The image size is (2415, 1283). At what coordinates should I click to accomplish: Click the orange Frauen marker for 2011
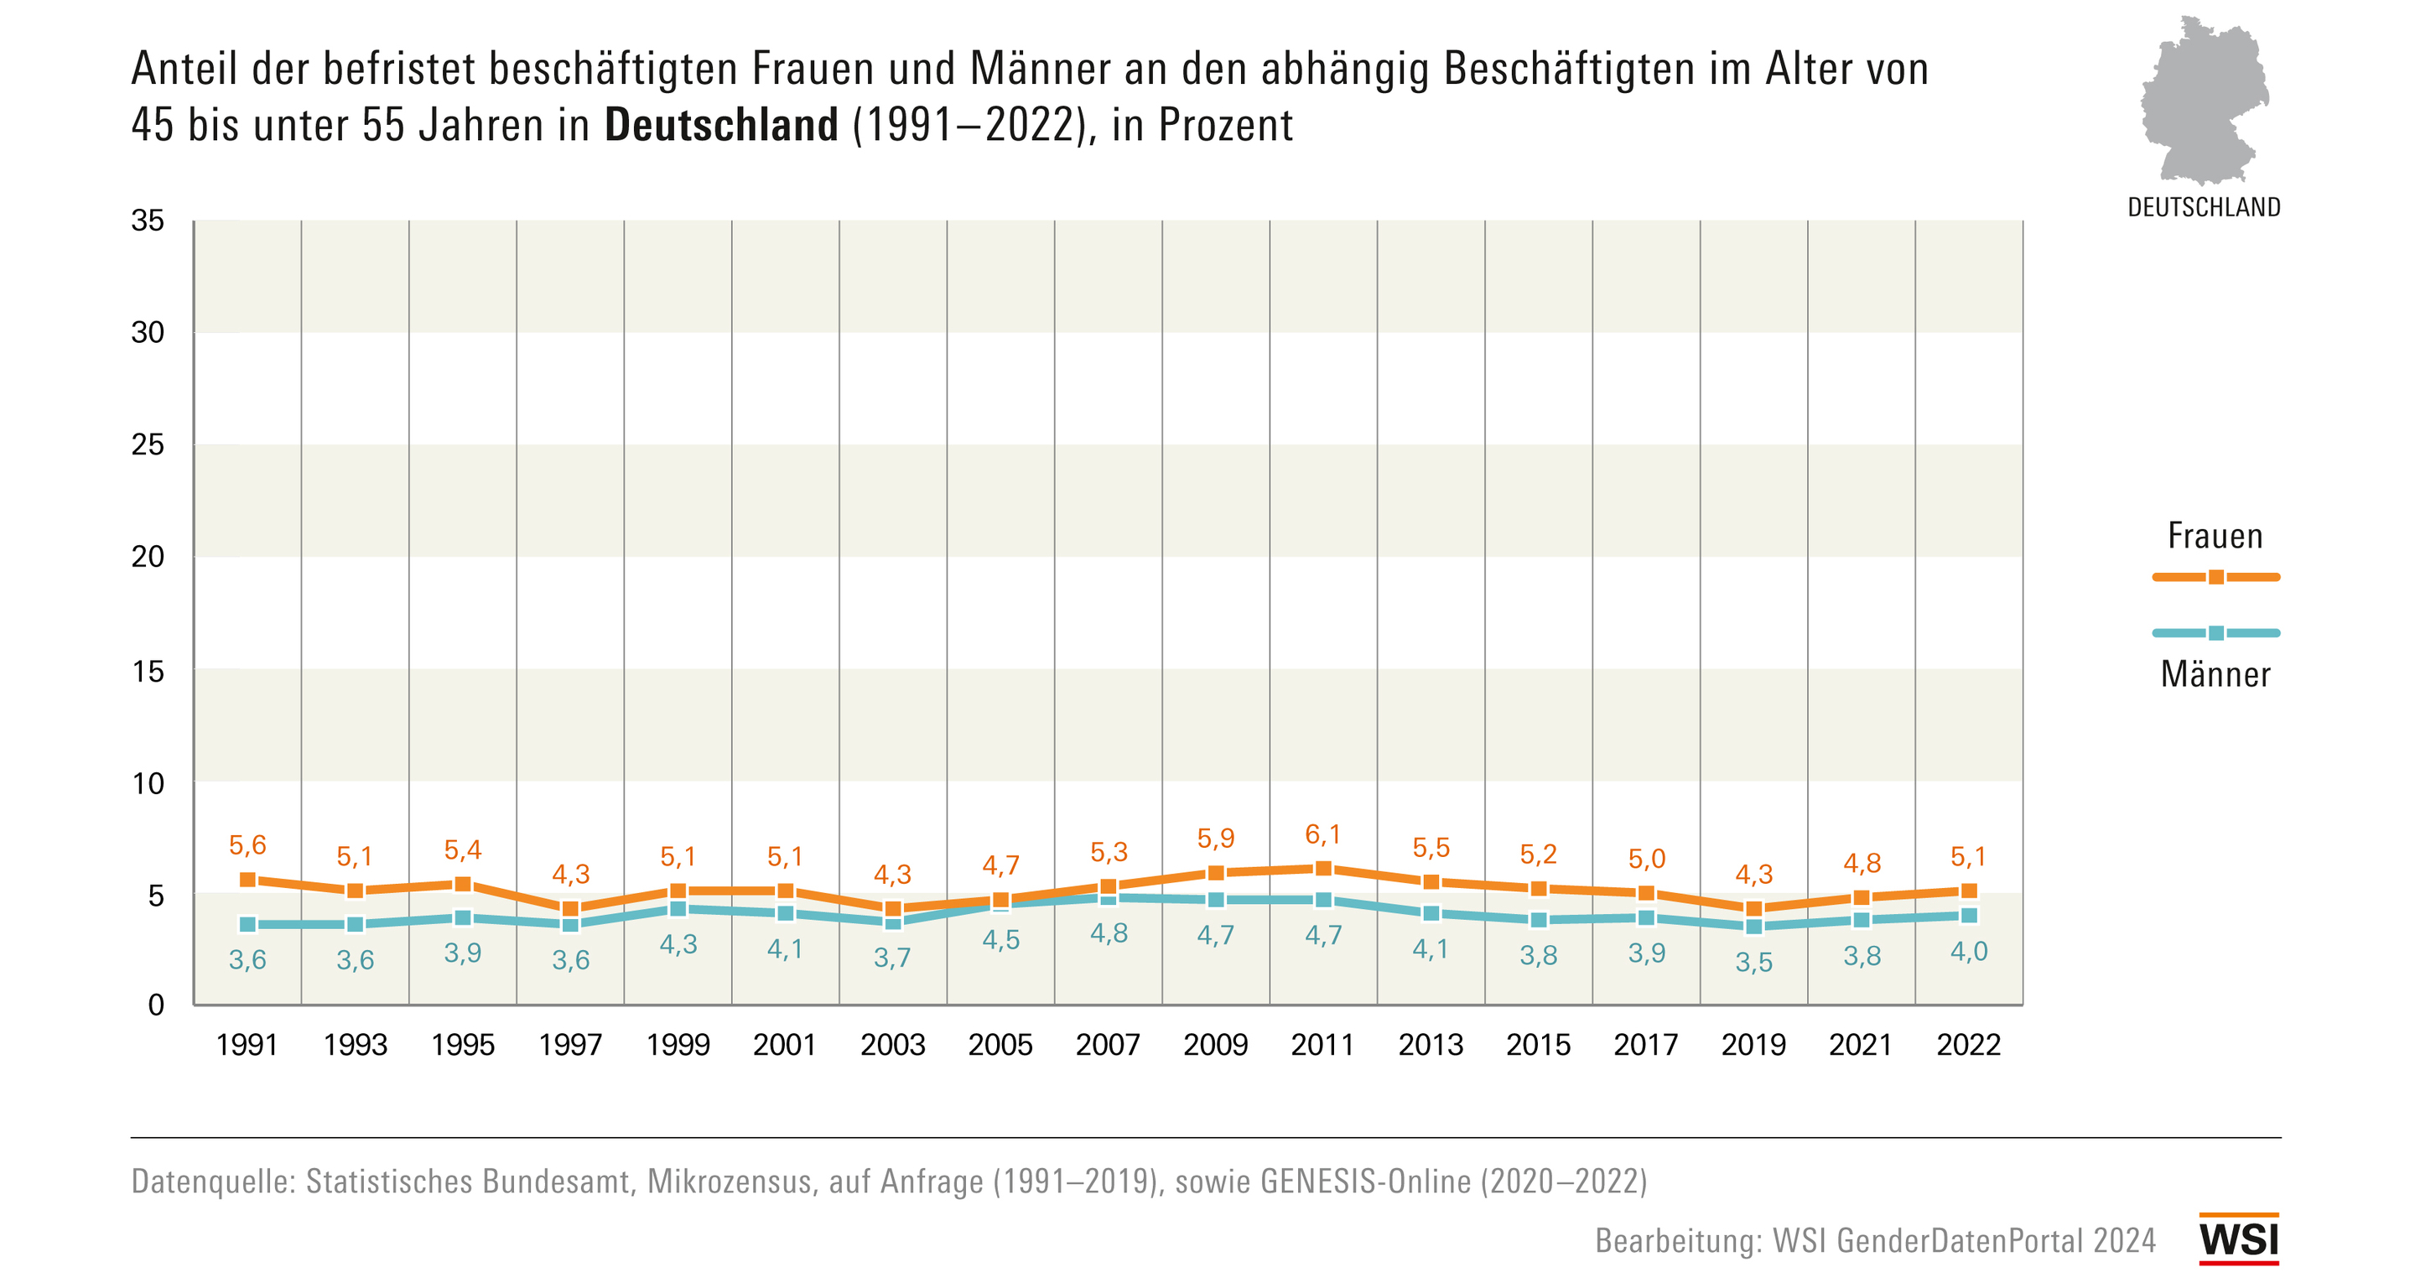pos(1323,869)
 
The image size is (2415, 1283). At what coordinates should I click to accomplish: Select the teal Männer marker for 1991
pos(247,925)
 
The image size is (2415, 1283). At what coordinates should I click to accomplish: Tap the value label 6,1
pos(1323,834)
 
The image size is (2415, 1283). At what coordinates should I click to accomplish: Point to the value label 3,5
pos(1753,963)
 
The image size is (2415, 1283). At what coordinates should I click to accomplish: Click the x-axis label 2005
pos(1000,1045)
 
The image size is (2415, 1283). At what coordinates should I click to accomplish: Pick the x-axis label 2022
pos(1969,1045)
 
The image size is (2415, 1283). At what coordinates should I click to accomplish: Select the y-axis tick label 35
pos(148,221)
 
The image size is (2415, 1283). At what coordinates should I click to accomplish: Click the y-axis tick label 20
pos(148,557)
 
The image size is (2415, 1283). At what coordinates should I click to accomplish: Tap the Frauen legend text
pos(2215,537)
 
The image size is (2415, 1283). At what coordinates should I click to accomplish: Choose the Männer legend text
pos(2215,675)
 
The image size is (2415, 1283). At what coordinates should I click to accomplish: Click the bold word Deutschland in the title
pos(721,125)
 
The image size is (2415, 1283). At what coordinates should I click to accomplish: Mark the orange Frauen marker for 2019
pos(1753,909)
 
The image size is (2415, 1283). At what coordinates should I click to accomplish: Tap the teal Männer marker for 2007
pos(1108,898)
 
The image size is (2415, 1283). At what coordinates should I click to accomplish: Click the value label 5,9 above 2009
pos(1215,838)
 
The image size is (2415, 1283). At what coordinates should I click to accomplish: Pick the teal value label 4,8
pos(1108,934)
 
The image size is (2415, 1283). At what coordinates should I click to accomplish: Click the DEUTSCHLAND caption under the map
pos(2204,207)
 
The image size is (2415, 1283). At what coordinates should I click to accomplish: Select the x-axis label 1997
pos(570,1045)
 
